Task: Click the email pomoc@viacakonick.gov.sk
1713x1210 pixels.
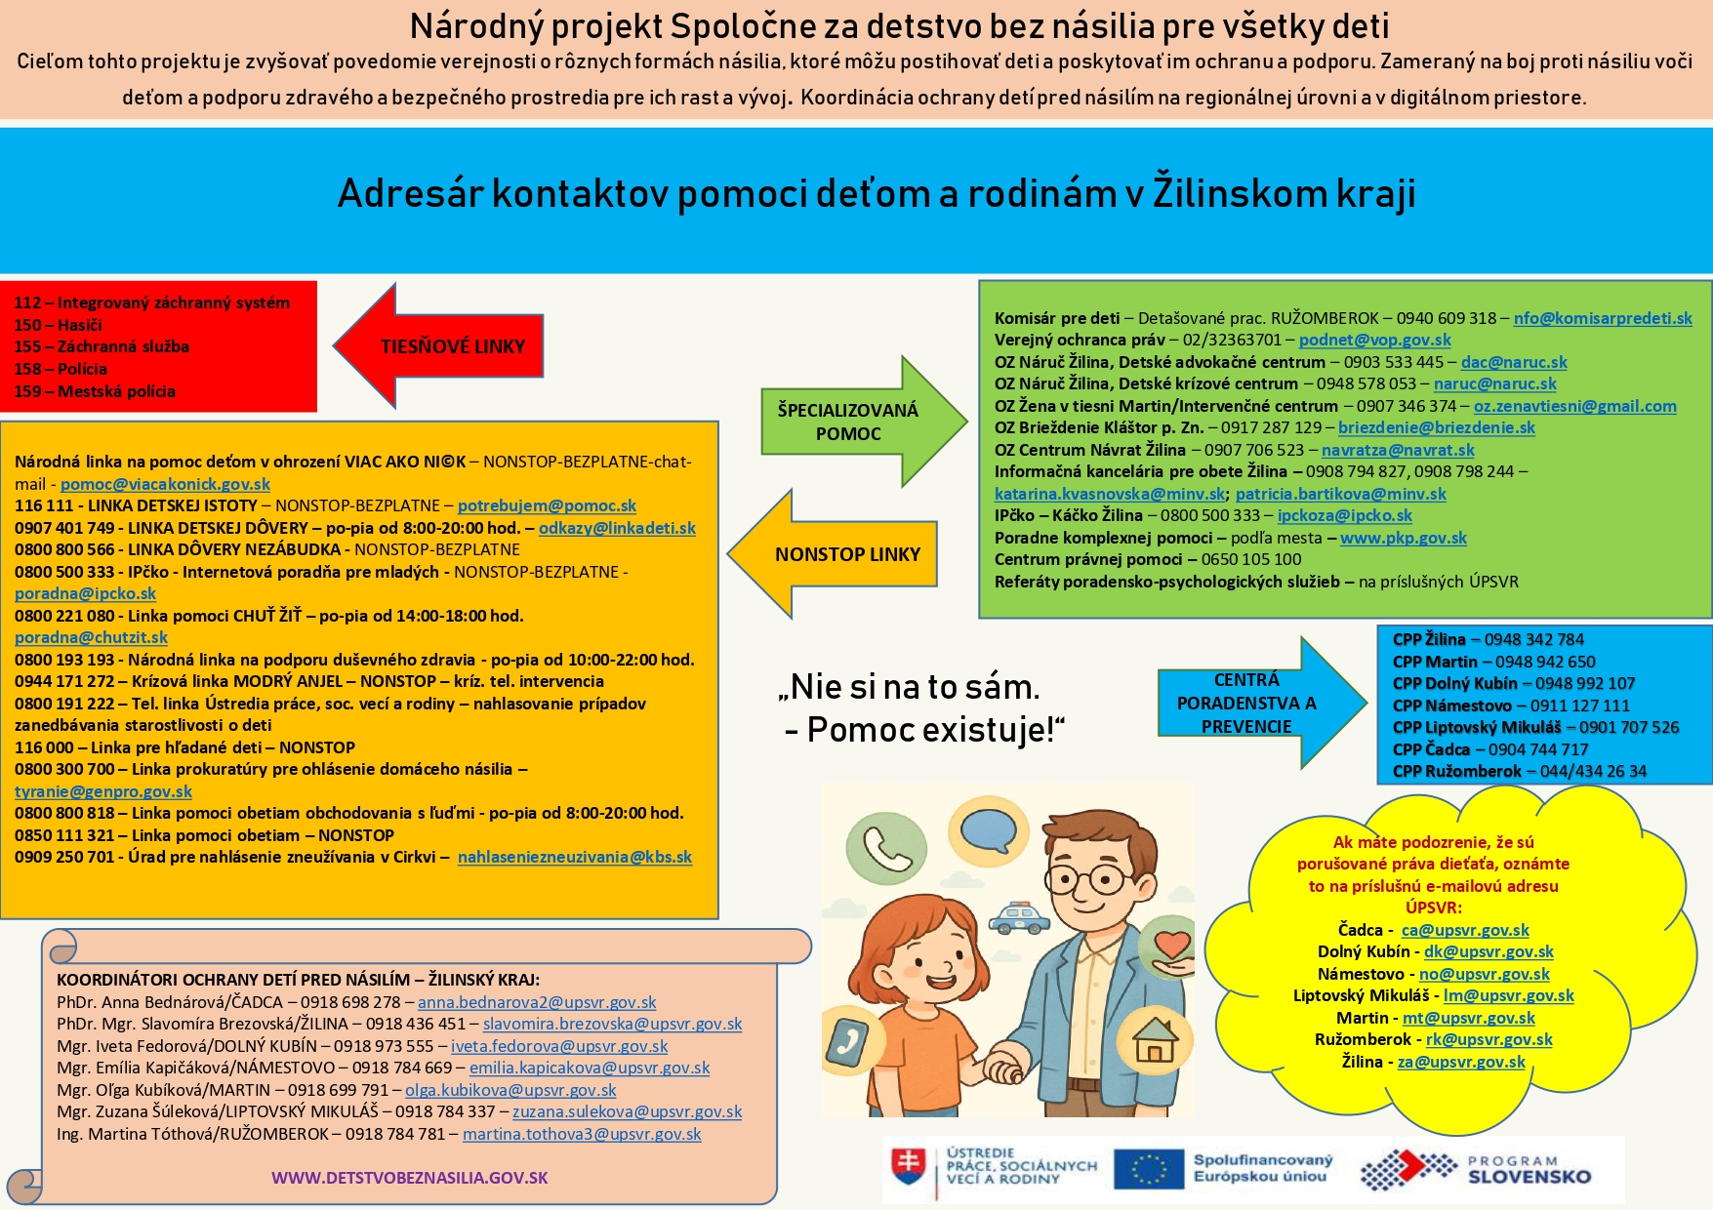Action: click(x=165, y=484)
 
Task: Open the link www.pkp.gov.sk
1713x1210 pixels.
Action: click(x=1403, y=538)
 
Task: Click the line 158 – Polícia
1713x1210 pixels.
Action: click(x=61, y=369)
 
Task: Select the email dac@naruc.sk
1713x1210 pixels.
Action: click(x=1513, y=362)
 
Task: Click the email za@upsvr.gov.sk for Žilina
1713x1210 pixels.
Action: click(x=1460, y=1062)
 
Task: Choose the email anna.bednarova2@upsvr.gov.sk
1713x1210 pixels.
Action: click(x=537, y=1002)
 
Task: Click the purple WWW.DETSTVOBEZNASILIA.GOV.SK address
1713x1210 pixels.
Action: click(x=409, y=1178)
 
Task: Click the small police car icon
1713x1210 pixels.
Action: click(x=1019, y=917)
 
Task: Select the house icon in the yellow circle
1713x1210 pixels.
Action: click(x=1155, y=1040)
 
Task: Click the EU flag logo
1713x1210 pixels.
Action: click(x=1148, y=1169)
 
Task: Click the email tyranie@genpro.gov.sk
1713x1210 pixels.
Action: click(x=103, y=791)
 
